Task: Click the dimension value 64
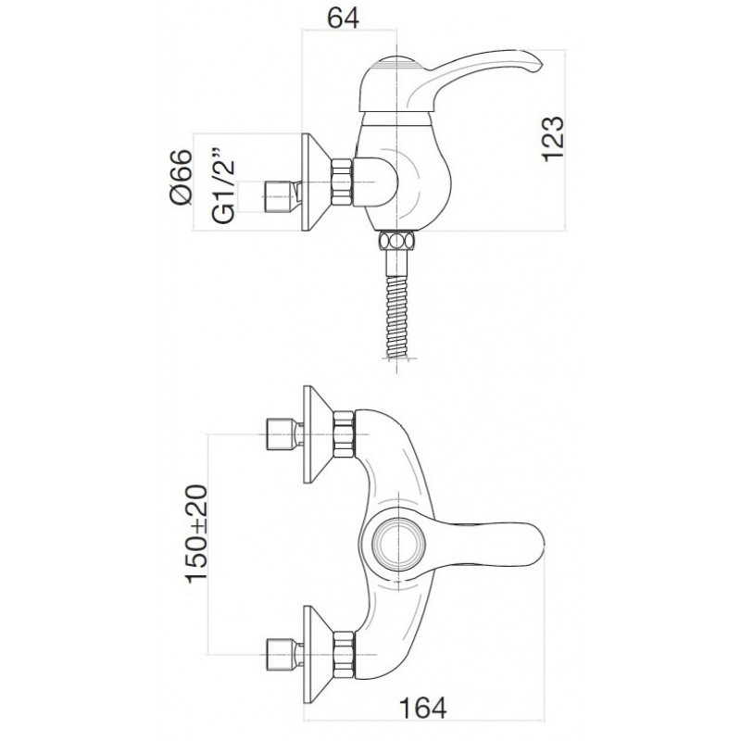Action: click(x=344, y=19)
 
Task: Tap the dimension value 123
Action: click(x=553, y=139)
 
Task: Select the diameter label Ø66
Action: click(x=182, y=177)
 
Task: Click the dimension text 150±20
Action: click(x=196, y=534)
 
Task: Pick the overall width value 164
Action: click(x=423, y=708)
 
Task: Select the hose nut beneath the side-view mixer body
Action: click(x=397, y=240)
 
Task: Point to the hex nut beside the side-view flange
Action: click(x=343, y=182)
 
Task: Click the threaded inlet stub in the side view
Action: click(x=283, y=196)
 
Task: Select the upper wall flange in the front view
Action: click(x=317, y=434)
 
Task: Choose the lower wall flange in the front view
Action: click(x=317, y=655)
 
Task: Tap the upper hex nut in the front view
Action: click(x=344, y=434)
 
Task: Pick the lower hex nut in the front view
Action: click(x=344, y=655)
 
